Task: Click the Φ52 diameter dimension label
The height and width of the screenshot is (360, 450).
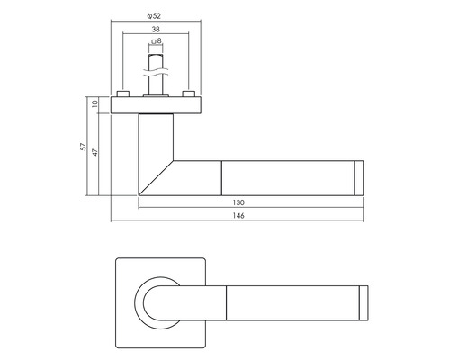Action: click(156, 15)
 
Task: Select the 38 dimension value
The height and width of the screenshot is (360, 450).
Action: click(156, 29)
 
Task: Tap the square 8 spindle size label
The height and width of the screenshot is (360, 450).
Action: click(158, 41)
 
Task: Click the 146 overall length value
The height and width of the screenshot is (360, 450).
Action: click(238, 216)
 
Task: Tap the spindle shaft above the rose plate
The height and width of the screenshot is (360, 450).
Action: click(156, 83)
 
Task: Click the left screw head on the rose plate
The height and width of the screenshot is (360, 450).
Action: click(122, 94)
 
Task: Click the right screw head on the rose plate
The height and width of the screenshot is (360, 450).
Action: click(188, 94)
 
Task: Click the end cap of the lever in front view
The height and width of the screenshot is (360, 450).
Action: click(364, 301)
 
